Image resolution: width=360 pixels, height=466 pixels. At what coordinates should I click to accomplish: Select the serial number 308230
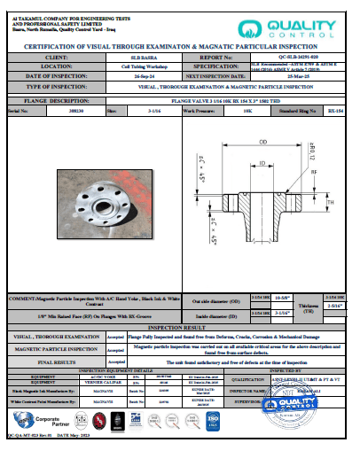[x=53, y=113]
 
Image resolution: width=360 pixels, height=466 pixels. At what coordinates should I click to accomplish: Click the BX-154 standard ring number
[x=334, y=113]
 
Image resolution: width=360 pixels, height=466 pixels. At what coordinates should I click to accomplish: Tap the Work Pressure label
[x=201, y=113]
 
